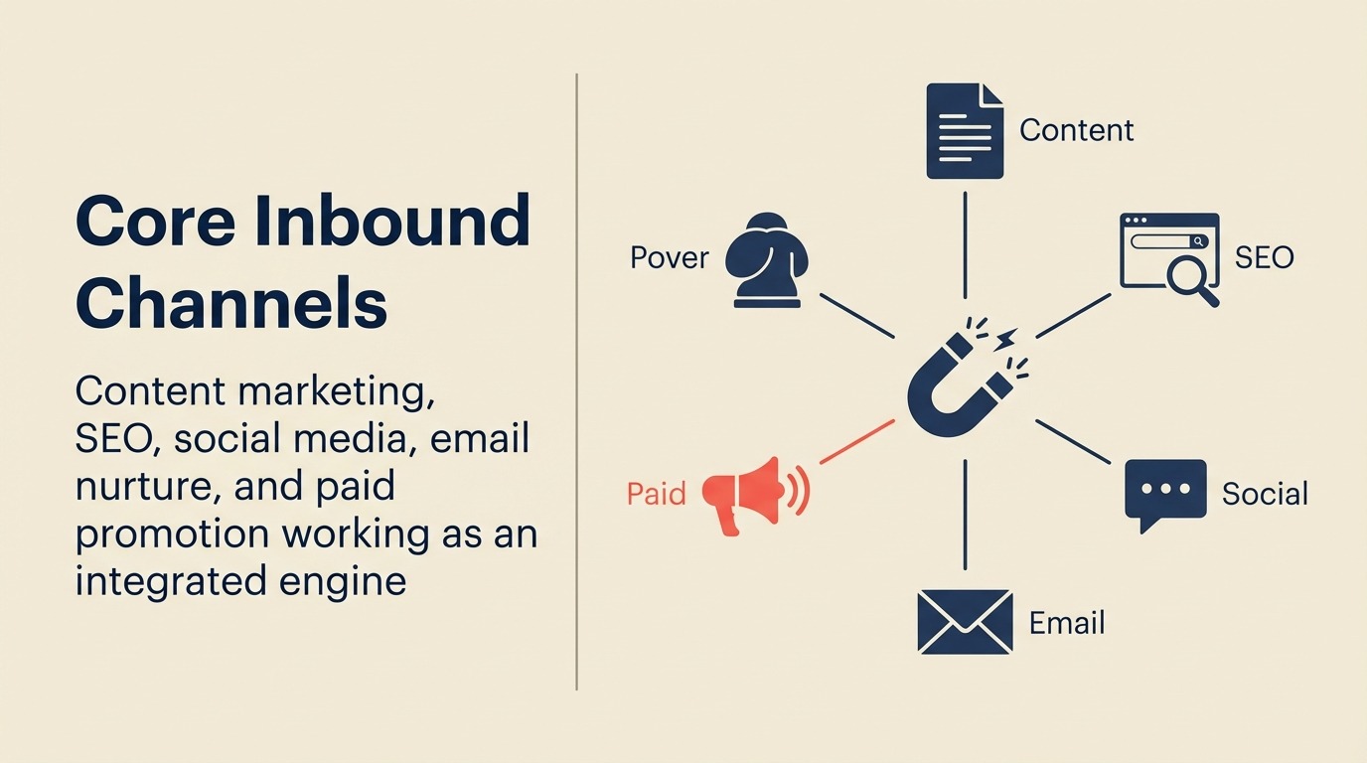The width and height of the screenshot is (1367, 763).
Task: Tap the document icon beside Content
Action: pos(964,131)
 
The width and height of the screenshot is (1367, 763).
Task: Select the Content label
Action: pos(1076,130)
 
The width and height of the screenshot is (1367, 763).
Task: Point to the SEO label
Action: pos(1264,258)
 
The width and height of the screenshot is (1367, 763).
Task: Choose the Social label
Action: pos(1265,494)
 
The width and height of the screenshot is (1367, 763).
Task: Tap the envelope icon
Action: pos(965,622)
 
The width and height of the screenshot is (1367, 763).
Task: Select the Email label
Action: pos(1067,623)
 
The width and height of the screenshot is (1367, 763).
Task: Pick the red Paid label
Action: pos(657,493)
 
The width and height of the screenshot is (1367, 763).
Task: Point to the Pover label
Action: pos(670,258)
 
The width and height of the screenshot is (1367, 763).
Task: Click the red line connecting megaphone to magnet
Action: pos(856,442)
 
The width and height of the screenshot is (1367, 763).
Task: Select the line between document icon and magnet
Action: pos(965,243)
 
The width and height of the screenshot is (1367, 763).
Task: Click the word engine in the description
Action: pos(348,580)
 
